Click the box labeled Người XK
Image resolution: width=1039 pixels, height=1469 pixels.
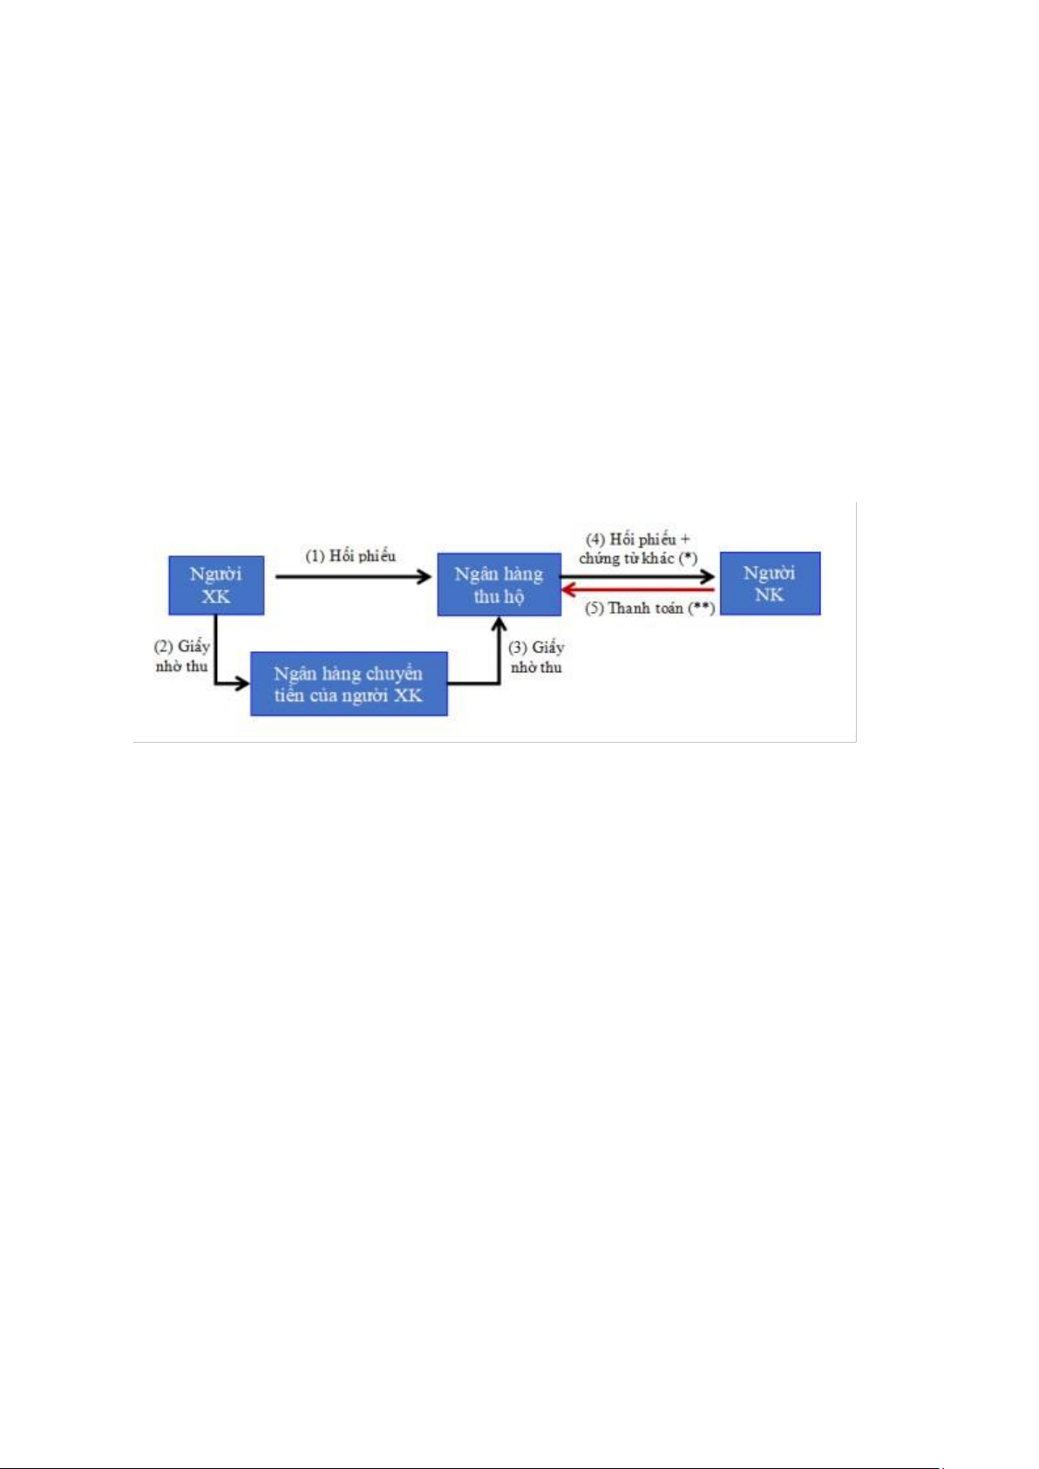[x=216, y=585]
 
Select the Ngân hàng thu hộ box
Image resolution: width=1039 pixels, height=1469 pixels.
[x=499, y=584]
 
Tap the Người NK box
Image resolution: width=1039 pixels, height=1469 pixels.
[x=770, y=583]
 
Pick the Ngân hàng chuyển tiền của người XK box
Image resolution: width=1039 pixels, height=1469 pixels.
[x=349, y=683]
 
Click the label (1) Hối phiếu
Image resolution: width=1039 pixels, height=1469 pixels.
[x=350, y=556]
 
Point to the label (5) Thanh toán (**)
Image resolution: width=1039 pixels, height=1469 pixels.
[x=649, y=609]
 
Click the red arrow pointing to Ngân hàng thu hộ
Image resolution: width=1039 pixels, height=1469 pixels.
[x=638, y=590]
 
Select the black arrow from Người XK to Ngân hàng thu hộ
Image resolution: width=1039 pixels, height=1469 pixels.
[x=353, y=576]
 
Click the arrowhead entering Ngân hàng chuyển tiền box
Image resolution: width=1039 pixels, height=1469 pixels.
[x=242, y=683]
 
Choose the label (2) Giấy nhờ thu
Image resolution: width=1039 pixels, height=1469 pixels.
[x=182, y=656]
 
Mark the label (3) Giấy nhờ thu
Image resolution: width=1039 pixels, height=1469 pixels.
[x=536, y=657]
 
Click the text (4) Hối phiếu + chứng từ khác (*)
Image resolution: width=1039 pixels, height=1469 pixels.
[x=638, y=549]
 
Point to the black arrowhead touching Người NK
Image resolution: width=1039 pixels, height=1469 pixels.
[x=707, y=576]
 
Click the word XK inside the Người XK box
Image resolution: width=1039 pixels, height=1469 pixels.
[x=215, y=597]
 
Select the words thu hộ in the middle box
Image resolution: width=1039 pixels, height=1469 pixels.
[x=499, y=597]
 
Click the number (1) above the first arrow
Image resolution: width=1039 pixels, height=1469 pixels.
[x=315, y=556]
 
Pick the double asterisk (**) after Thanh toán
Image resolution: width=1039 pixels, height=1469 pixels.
[x=702, y=609]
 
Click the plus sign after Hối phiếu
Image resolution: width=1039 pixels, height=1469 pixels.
[x=685, y=540]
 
